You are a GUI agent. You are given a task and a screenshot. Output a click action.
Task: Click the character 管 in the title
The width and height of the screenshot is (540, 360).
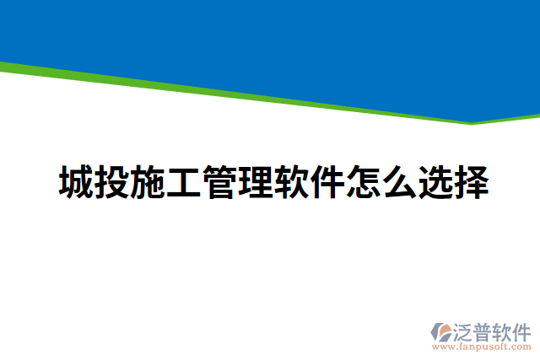(x=220, y=183)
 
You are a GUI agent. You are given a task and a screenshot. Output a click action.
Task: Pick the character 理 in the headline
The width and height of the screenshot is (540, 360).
(x=256, y=183)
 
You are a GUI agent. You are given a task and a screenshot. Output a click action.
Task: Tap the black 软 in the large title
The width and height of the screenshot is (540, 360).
(x=292, y=183)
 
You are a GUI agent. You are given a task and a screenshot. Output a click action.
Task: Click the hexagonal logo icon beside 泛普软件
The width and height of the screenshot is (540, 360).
(x=440, y=332)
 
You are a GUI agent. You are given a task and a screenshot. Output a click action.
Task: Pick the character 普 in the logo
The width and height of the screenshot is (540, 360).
(x=486, y=330)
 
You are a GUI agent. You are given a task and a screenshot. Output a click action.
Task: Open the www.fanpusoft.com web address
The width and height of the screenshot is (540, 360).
(x=482, y=347)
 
